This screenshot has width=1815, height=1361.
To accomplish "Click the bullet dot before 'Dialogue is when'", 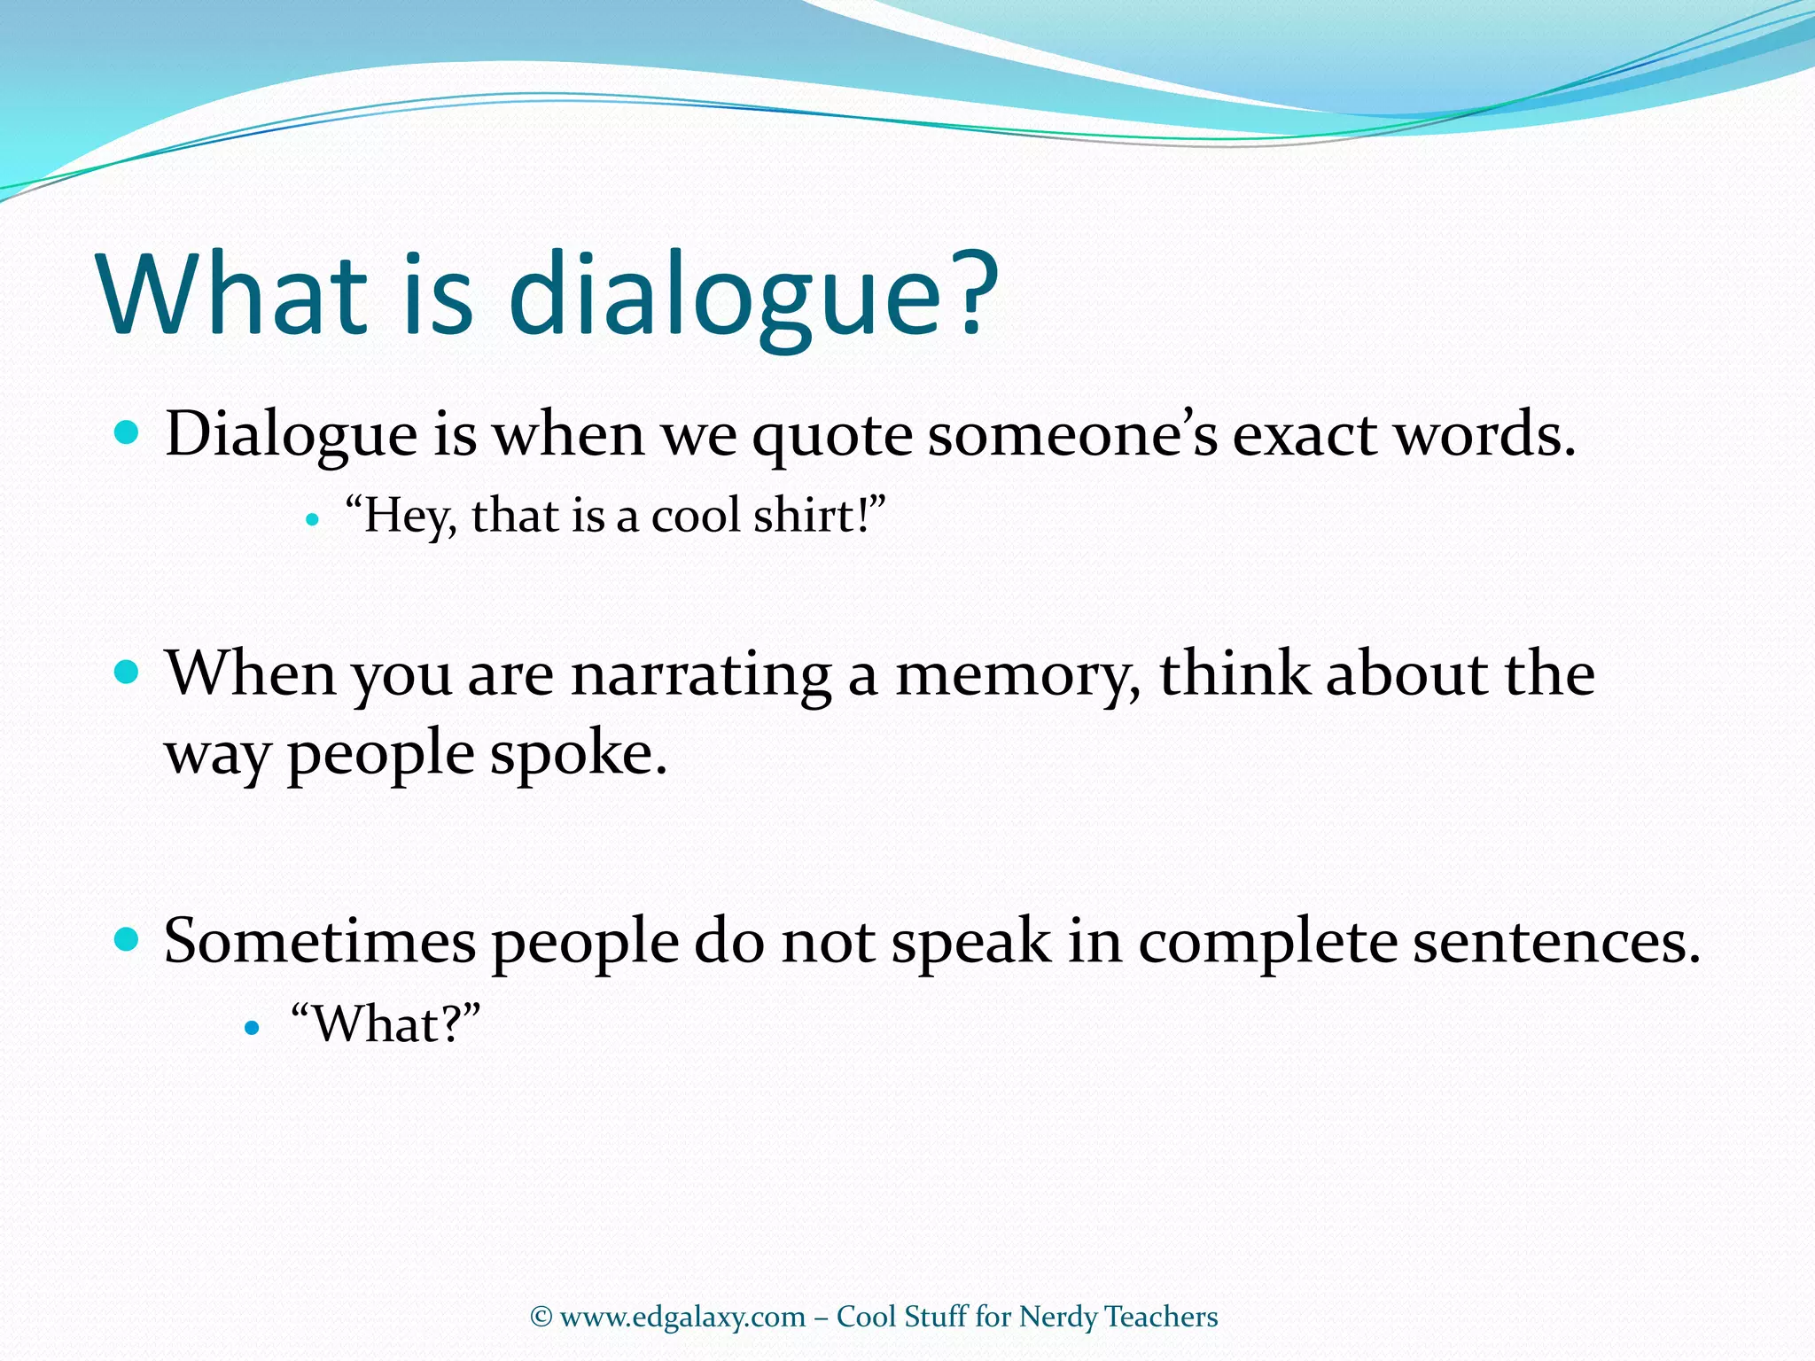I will pyautogui.click(x=128, y=433).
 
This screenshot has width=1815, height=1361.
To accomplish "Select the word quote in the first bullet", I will pyautogui.click(x=831, y=437).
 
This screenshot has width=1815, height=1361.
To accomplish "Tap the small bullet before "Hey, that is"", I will pyautogui.click(x=311, y=520).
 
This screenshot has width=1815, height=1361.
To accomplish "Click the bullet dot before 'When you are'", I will pyautogui.click(x=128, y=673).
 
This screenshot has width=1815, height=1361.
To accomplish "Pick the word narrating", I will pyautogui.click(x=701, y=676).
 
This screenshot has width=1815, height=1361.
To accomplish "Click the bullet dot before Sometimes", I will pyautogui.click(x=128, y=939).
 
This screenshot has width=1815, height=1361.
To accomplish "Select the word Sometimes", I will pyautogui.click(x=319, y=941).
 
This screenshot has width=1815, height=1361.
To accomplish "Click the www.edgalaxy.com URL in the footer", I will pyautogui.click(x=682, y=1317).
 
